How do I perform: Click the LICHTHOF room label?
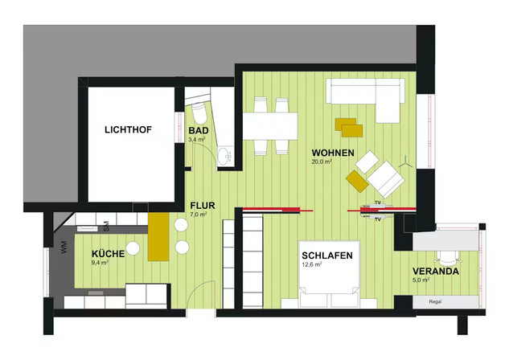pos(128,129)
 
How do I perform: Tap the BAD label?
pos(199,131)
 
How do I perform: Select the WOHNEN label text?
pos(333,153)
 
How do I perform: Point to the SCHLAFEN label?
pos(327,256)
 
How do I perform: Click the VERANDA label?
pos(436,271)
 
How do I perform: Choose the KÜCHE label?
pos(108,254)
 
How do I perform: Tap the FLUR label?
pos(203,206)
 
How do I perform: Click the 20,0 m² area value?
pos(322,162)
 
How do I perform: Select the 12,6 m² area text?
pos(312,264)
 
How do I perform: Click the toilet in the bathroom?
pos(199,112)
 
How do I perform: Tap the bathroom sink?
pos(224,157)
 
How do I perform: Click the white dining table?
pos(270,126)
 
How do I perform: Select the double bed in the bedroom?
pos(329,274)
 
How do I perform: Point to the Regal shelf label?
pos(435,301)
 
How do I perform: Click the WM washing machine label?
pos(64,247)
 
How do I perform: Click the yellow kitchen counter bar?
pos(158,236)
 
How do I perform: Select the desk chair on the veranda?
pos(447,257)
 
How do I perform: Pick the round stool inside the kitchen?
pos(133,248)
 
